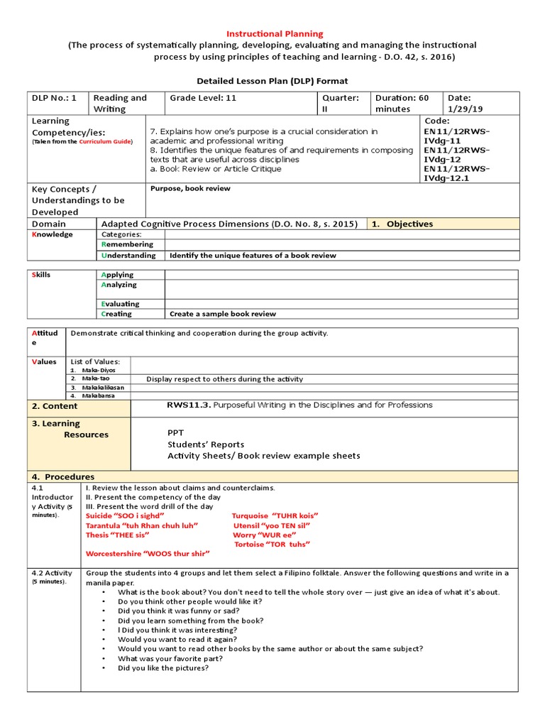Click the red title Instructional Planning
(x=274, y=33)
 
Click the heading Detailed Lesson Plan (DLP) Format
(x=272, y=81)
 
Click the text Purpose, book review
(x=190, y=189)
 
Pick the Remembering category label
(x=127, y=244)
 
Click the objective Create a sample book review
(x=222, y=314)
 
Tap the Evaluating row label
(x=121, y=304)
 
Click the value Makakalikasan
(x=103, y=387)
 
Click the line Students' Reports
(x=206, y=444)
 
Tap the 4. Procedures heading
(x=62, y=476)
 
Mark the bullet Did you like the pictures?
(x=163, y=667)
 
